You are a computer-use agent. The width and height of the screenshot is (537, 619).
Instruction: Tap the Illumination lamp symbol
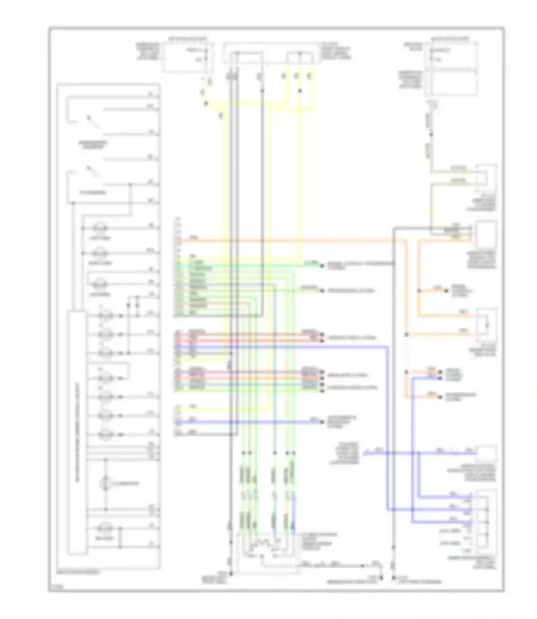point(106,483)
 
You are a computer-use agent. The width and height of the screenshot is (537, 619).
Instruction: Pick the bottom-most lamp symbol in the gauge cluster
point(106,528)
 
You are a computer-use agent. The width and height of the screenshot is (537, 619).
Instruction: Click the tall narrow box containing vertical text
point(77,433)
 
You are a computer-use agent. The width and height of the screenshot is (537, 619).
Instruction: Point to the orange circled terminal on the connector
point(179,241)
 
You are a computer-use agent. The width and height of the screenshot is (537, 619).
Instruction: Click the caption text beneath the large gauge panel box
point(79,572)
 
